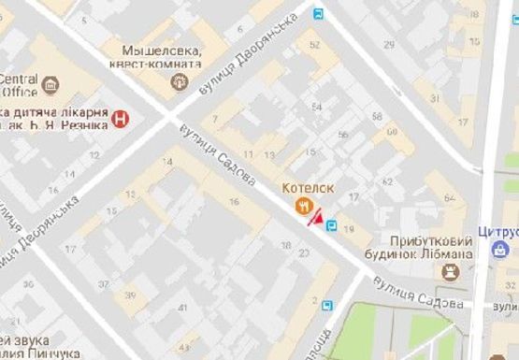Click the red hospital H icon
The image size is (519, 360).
pyautogui.click(x=120, y=118)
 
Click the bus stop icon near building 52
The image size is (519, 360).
pyautogui.click(x=319, y=14)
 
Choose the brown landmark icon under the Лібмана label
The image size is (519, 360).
pyautogui.click(x=453, y=270)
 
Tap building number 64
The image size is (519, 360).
pyautogui.click(x=450, y=198)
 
